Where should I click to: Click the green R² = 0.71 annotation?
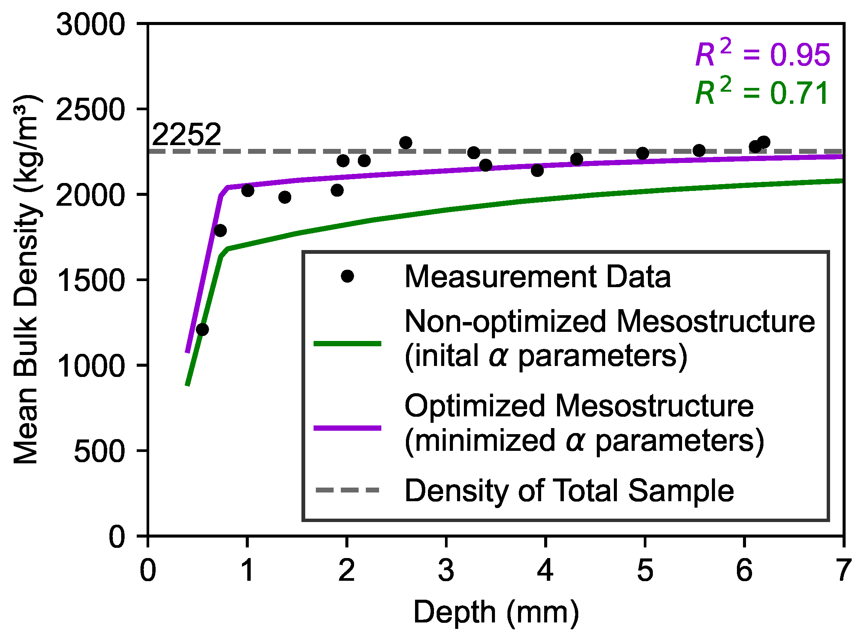point(762,93)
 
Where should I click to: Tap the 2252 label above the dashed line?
point(187,134)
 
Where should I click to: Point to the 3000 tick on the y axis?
point(91,25)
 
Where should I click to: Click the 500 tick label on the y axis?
point(99,451)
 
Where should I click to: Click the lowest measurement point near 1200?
point(202,330)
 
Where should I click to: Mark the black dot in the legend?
point(347,277)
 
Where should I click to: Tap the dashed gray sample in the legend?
point(347,491)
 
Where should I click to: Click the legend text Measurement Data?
point(537,277)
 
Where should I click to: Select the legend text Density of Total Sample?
point(569,491)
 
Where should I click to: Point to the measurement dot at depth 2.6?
point(405,143)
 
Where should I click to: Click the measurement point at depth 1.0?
point(248,191)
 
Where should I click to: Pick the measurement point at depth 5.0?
point(643,153)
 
